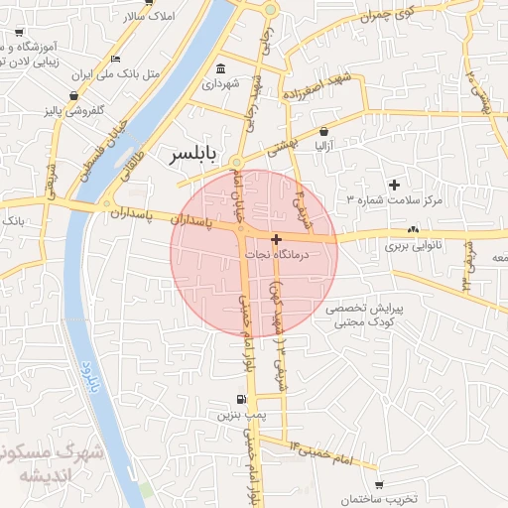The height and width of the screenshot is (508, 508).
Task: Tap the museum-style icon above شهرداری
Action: point(219,69)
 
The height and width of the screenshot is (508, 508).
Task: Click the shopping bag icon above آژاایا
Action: point(323,131)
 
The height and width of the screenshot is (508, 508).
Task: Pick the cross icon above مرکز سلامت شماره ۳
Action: point(394,184)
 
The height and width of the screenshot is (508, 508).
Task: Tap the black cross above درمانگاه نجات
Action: point(276,239)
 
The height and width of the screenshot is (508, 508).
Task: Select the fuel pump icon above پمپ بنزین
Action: point(243,400)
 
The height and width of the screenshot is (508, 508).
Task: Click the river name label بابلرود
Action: point(88,377)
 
